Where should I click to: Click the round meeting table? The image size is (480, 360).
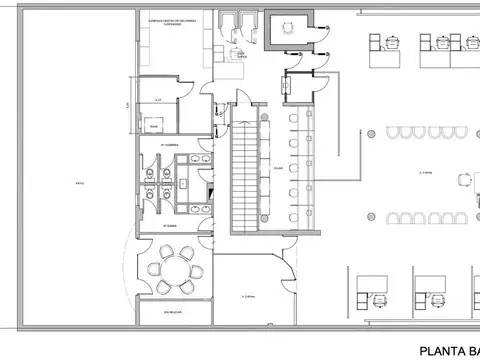[x=175, y=269]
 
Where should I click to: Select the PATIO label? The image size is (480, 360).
[x=78, y=184]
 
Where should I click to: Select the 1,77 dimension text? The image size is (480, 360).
[x=131, y=106]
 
